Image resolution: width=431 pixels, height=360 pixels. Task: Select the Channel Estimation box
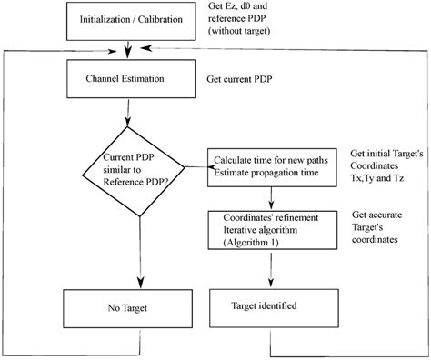[125, 80]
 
